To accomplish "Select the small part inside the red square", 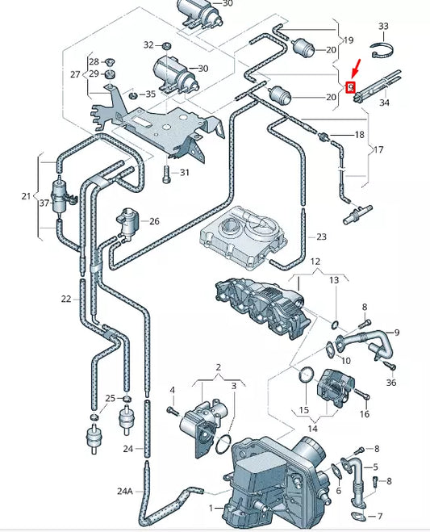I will [x=350, y=87].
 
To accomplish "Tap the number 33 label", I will [x=383, y=27].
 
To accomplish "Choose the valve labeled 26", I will [x=127, y=220].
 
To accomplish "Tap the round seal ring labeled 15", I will [x=306, y=376].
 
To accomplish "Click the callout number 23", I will [x=321, y=237].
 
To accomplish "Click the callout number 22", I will [x=66, y=299].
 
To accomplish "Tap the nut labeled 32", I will [x=165, y=44].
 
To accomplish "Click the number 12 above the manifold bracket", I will [x=315, y=262].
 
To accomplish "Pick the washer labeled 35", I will [x=133, y=95].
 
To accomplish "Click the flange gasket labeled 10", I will [x=331, y=348].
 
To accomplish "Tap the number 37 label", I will [x=44, y=204].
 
